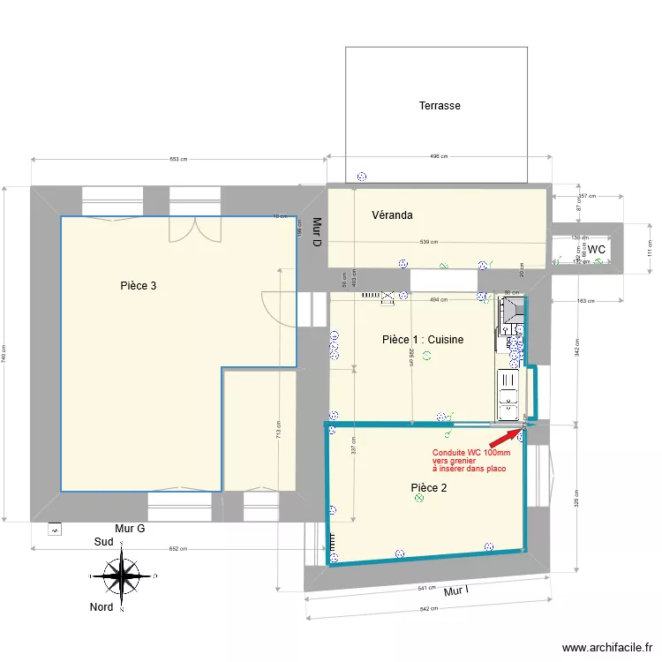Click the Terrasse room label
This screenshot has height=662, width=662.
coord(440,106)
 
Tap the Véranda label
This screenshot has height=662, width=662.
coord(392,215)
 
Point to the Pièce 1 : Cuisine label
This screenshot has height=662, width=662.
coord(423,340)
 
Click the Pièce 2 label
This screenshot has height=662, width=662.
coord(429,488)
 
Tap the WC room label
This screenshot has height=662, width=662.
coord(598,250)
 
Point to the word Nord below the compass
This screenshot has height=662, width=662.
coord(102,607)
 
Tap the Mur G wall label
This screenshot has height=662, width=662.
coord(130,528)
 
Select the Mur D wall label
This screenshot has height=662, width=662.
coord(315,231)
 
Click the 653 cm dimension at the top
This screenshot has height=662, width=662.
coord(178,160)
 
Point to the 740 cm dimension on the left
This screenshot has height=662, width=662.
coord(4,353)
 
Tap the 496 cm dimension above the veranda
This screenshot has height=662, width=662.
coord(439,157)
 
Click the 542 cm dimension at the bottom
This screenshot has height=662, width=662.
coord(429,609)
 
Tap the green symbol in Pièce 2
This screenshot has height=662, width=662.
coord(419,499)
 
